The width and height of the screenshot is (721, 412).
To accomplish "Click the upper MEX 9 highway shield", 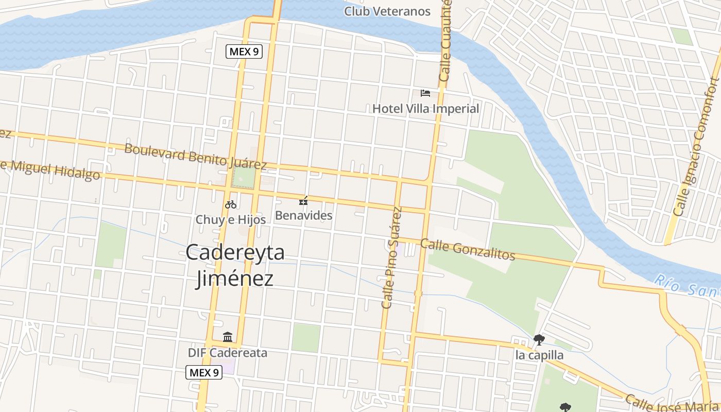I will pos(244,51).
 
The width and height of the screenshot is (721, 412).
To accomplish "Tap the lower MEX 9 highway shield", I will pos(204,372).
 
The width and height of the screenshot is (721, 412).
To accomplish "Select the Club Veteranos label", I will pos(387,11).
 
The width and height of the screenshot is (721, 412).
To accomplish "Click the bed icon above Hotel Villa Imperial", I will pos(425,93).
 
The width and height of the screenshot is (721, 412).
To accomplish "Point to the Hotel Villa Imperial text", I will pos(425,109).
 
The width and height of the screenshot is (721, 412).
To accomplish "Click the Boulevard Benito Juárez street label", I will pos(196,157).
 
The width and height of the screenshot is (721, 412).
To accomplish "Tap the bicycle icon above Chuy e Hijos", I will pos(231,204).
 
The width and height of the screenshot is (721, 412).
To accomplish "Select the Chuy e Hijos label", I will pos(231,219).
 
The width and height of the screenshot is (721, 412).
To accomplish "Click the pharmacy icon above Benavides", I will pos(304,201).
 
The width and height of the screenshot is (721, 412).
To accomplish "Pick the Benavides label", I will pos(304,215).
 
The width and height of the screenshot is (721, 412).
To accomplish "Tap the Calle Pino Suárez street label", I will pos(391,257).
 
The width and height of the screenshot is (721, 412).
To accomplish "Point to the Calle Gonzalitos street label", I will pos(468,249).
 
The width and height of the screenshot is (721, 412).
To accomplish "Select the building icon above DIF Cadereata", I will pos(228,337).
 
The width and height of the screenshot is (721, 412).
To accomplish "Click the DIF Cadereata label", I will pos(228,353).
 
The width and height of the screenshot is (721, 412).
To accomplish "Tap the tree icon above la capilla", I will pos(539,339).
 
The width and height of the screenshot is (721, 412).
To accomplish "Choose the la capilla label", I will pos(539,355).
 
